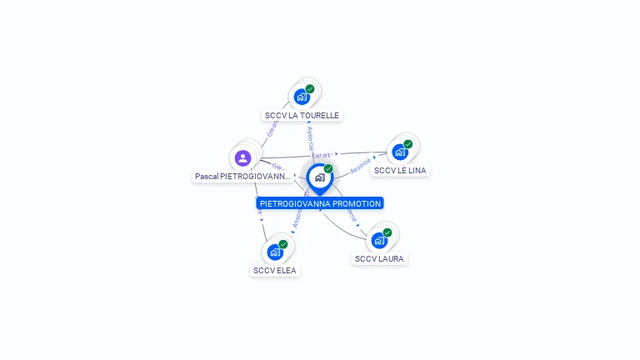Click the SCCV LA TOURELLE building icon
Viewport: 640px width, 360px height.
302,97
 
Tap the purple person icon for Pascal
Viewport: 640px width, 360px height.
242,157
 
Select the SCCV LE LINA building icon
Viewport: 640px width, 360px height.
400,152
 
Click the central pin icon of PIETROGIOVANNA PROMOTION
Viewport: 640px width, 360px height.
319,177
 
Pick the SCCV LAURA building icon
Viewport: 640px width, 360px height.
379,241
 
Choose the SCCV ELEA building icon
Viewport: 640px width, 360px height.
275,252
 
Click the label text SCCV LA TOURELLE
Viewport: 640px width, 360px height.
302,116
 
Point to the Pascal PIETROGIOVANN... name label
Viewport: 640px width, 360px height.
242,177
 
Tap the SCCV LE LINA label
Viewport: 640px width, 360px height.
400,171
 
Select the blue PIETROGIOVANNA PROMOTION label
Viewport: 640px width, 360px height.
320,203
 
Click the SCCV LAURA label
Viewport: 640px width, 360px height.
379,259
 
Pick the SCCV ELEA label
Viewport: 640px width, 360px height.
275,271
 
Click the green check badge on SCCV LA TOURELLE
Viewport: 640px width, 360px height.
310,89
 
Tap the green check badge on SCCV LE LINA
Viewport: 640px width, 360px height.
408,144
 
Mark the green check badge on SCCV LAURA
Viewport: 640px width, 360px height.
387,232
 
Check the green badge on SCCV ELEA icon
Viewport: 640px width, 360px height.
283,244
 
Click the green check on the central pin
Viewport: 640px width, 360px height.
328,169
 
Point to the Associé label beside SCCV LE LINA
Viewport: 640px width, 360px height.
361,166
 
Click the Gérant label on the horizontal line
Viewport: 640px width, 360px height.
322,155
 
